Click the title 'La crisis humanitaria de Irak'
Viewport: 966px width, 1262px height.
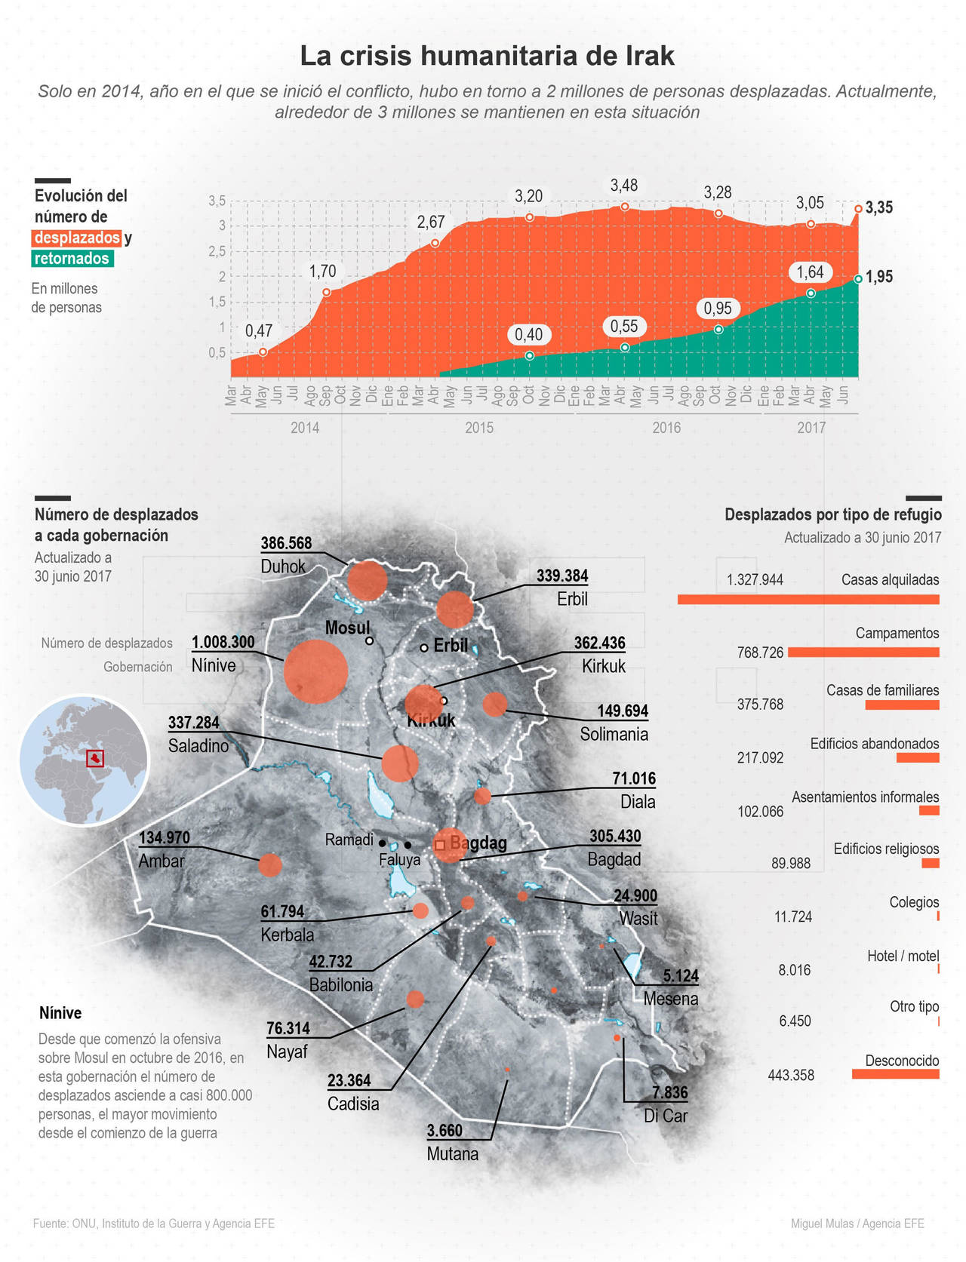(487, 56)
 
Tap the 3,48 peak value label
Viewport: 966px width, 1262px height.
(624, 186)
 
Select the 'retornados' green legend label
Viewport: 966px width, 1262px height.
(72, 259)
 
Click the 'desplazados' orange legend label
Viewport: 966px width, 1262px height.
(77, 238)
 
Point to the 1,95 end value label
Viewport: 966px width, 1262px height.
(879, 277)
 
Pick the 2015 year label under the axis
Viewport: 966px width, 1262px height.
(479, 428)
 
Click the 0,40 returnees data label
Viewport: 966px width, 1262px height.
(528, 335)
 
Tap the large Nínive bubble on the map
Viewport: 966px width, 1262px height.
(315, 671)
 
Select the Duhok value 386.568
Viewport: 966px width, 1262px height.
(286, 543)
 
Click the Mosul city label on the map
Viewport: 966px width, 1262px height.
(347, 628)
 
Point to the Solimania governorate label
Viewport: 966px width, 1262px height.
(614, 734)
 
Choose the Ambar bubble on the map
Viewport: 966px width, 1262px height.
(269, 864)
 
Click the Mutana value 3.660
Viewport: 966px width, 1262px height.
(445, 1131)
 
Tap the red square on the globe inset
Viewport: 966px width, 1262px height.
(95, 758)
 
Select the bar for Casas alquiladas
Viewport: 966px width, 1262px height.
(808, 599)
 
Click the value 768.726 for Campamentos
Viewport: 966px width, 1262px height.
(760, 652)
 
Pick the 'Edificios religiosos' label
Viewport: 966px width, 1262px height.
(886, 849)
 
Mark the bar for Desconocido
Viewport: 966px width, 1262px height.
(895, 1073)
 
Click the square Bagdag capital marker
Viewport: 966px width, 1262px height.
(440, 846)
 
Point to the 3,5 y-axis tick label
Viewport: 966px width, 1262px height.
(217, 201)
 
